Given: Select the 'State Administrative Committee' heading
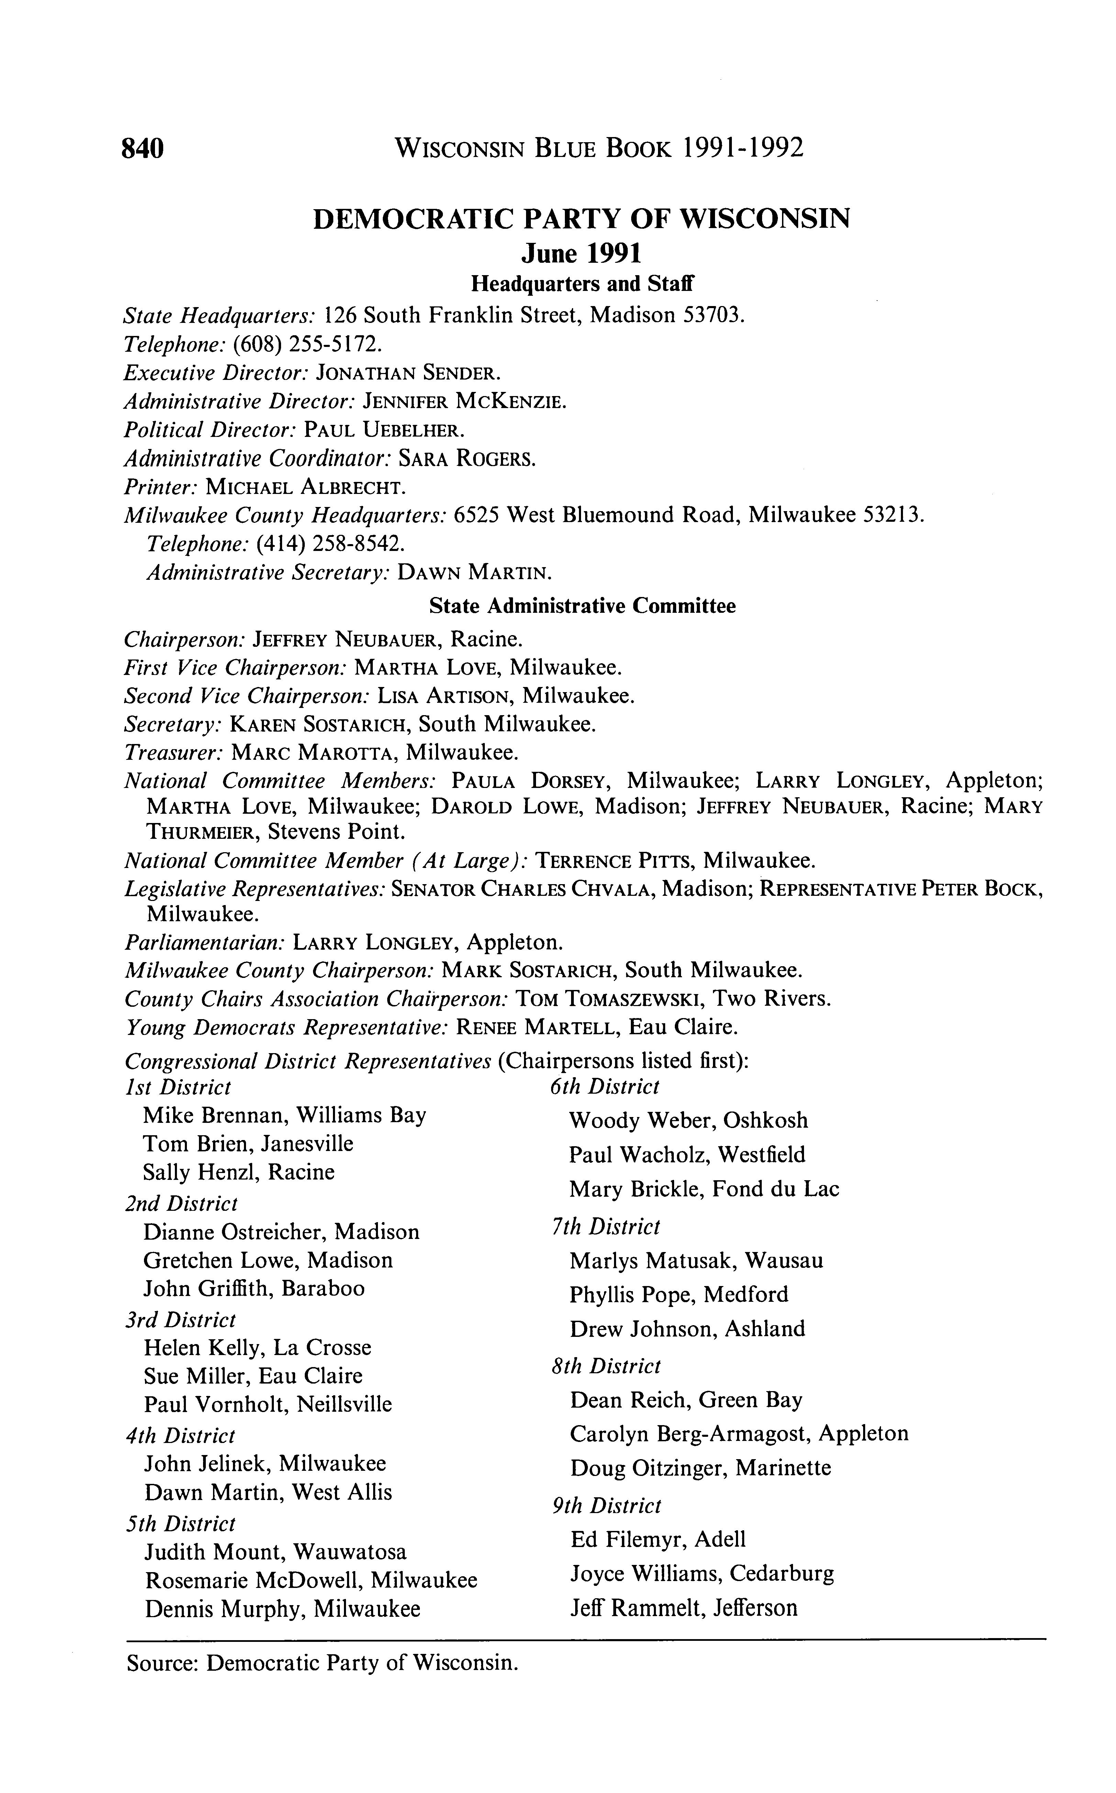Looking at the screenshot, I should (582, 606).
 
